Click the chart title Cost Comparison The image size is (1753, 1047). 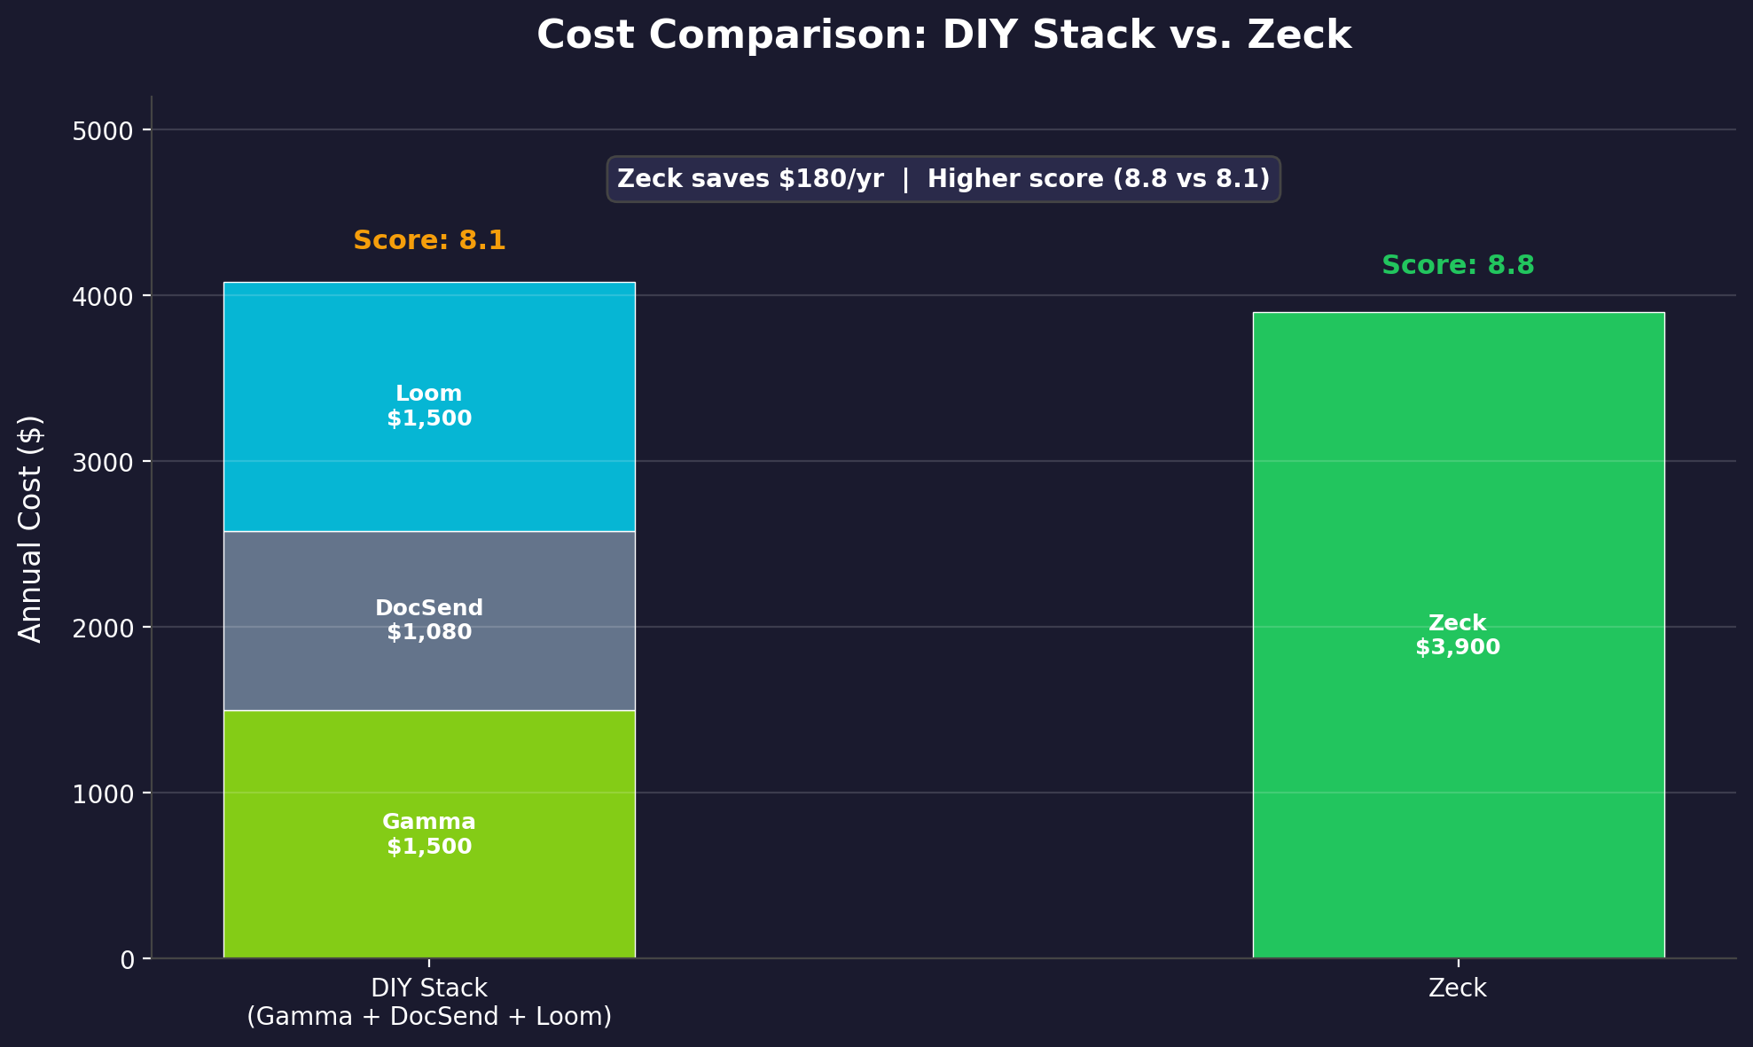click(x=943, y=35)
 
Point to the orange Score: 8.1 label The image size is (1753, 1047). click(x=429, y=240)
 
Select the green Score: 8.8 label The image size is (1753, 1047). click(x=1458, y=265)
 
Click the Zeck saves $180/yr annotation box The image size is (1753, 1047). click(x=943, y=179)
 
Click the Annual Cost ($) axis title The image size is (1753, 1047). click(x=30, y=528)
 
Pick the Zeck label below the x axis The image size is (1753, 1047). click(x=1458, y=988)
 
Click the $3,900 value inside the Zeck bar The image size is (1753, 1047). click(x=1458, y=648)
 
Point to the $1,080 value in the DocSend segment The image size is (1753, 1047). click(x=429, y=633)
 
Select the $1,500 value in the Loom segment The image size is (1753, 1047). click(x=429, y=418)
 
